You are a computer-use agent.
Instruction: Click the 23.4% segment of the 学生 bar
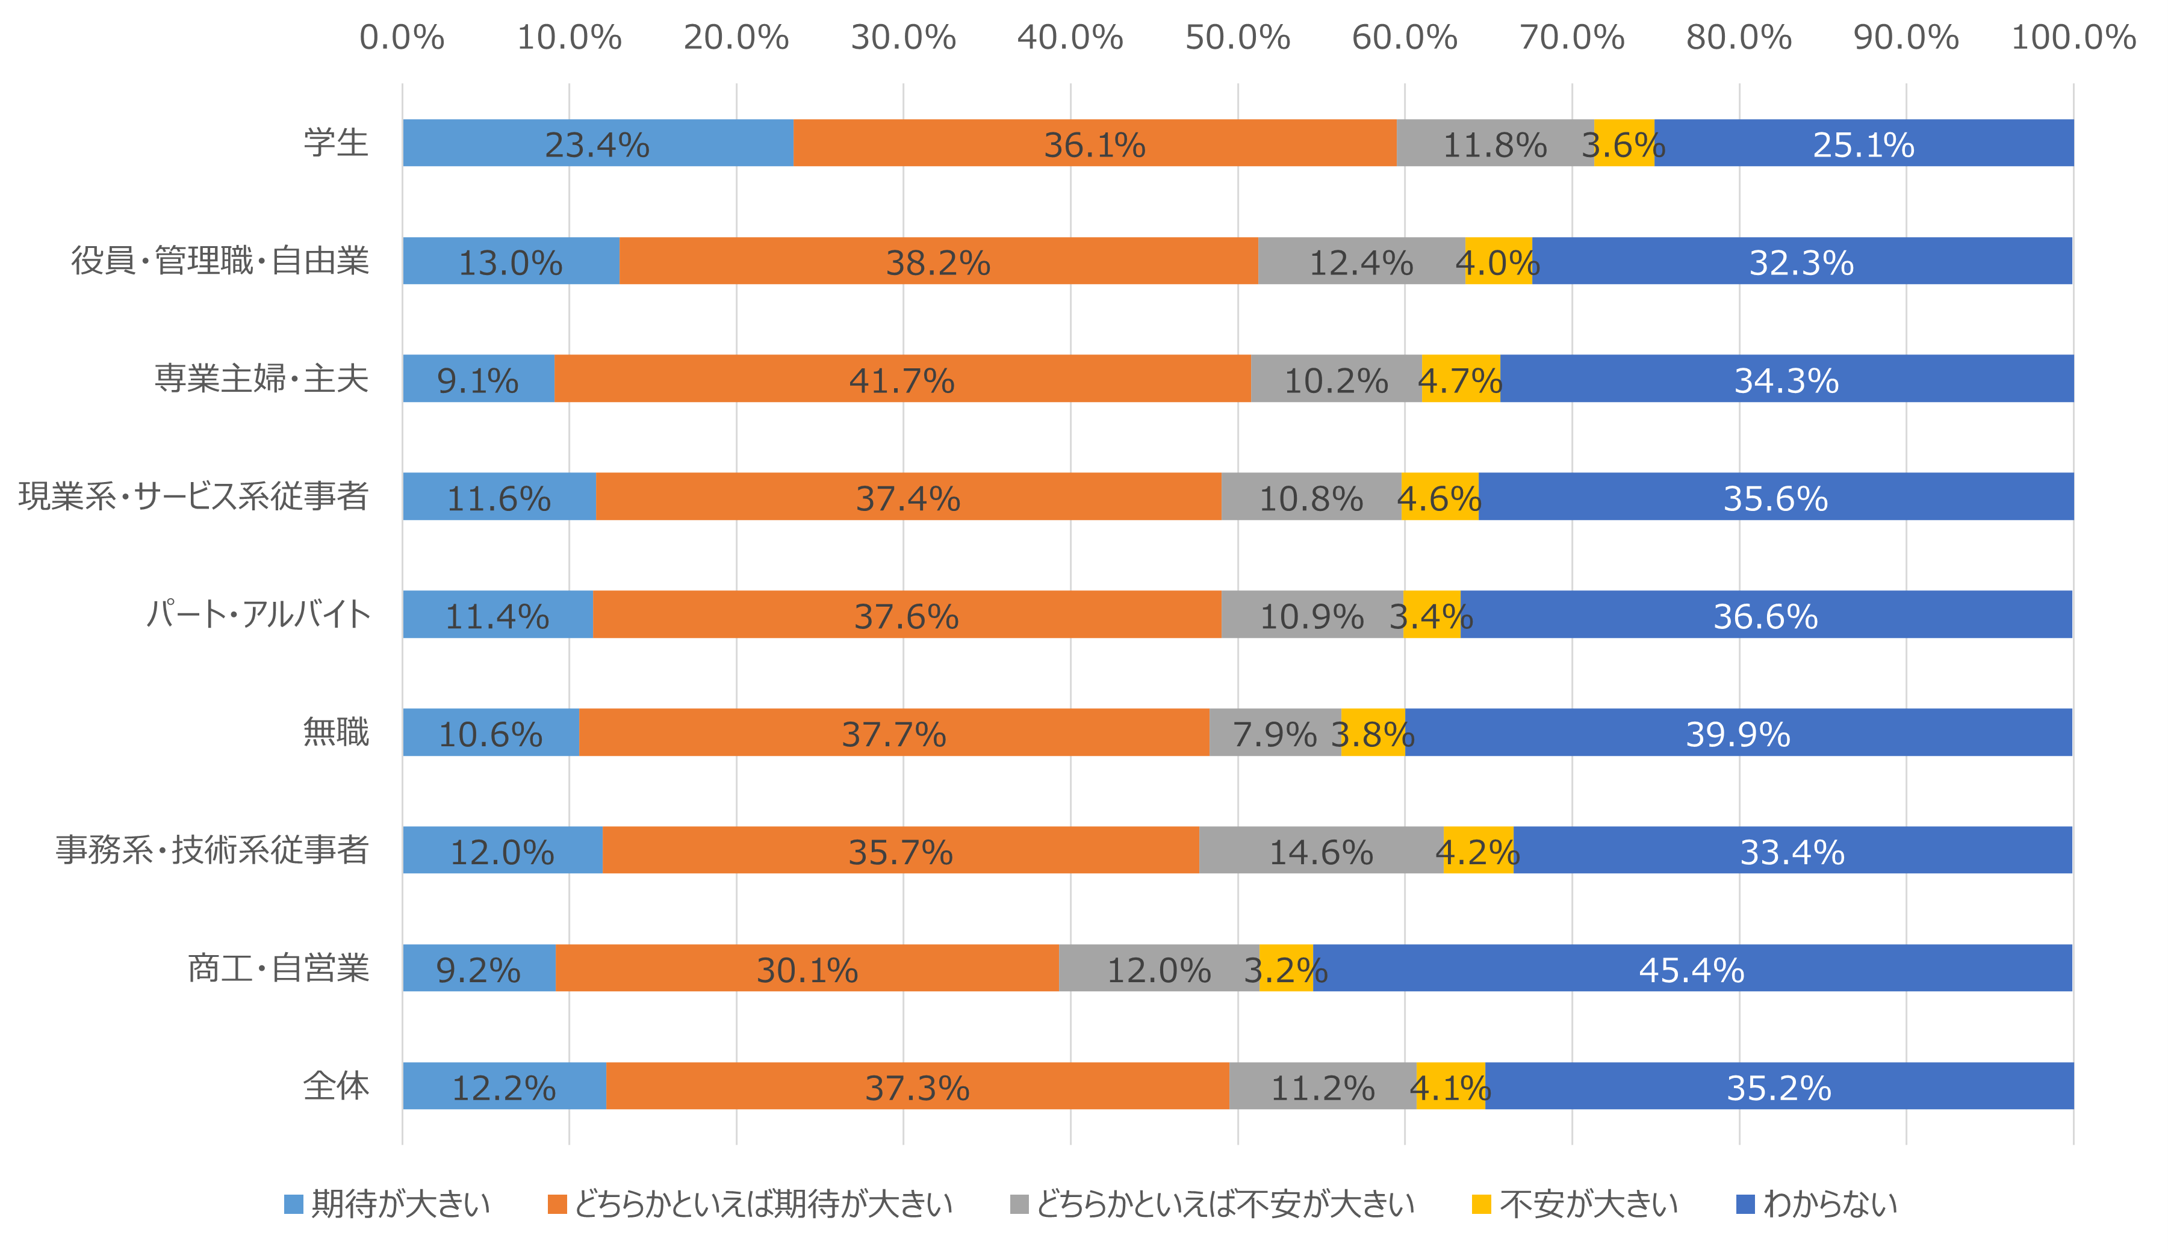click(x=598, y=143)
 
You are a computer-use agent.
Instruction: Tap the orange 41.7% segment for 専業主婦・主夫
click(x=902, y=379)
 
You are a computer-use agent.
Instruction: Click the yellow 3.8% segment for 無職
click(x=1373, y=732)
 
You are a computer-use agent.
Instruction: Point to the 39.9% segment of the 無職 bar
click(x=1738, y=732)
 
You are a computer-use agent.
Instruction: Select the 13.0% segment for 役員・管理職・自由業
click(x=511, y=261)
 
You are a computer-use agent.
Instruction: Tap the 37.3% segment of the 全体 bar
click(x=917, y=1086)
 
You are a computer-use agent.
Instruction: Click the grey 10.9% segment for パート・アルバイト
click(x=1312, y=614)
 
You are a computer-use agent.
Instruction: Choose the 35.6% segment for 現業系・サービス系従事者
click(x=1775, y=497)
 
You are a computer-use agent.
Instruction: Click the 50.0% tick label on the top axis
click(x=1237, y=38)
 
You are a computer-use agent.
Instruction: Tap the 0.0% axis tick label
click(x=402, y=38)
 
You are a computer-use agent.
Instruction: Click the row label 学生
click(x=336, y=143)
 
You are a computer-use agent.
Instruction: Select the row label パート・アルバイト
click(x=258, y=614)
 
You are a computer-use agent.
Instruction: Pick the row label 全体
click(x=336, y=1086)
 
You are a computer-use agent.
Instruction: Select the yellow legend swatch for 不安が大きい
click(x=1481, y=1204)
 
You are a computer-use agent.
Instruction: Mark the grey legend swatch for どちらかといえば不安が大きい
click(x=1019, y=1204)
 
